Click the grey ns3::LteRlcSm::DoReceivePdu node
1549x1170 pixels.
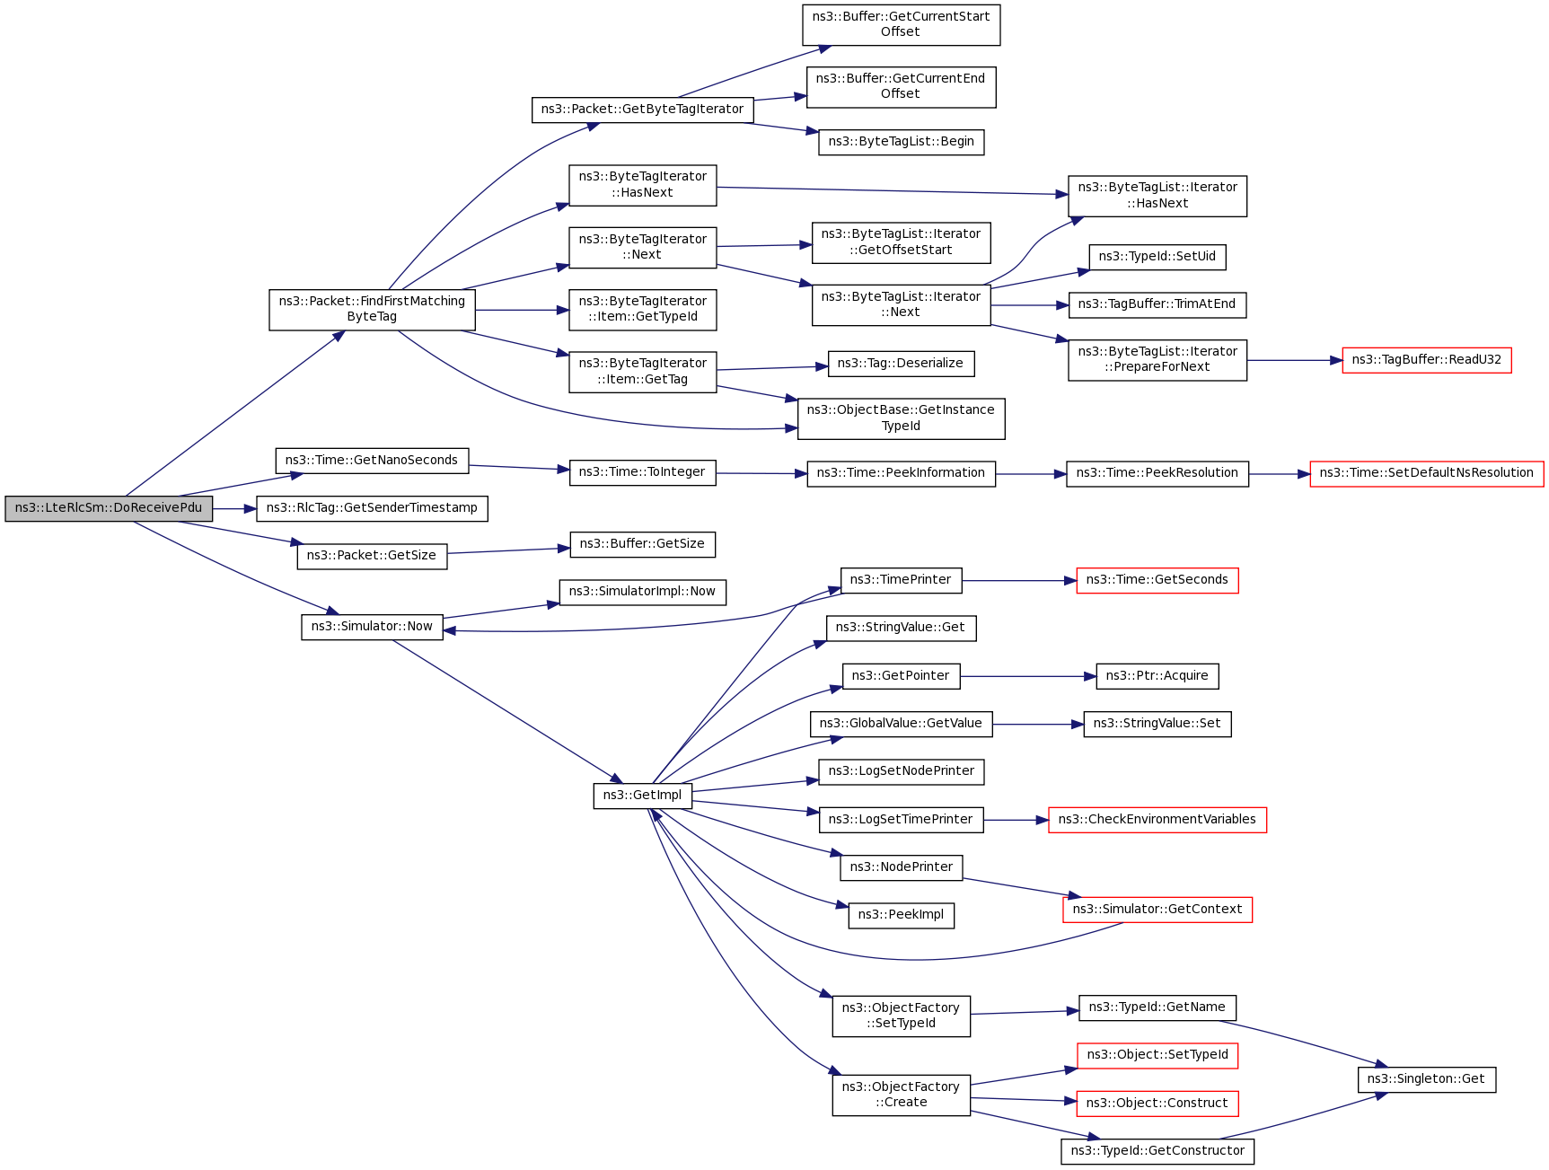click(x=109, y=508)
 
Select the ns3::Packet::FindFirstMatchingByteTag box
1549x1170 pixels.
click(x=372, y=309)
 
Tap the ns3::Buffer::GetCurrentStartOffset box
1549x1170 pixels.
click(x=901, y=24)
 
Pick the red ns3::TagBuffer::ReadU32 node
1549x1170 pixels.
click(x=1426, y=360)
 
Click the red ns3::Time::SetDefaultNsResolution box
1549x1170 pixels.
click(x=1426, y=473)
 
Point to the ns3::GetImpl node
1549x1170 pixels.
click(x=642, y=796)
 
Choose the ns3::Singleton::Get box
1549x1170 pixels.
click(x=1426, y=1079)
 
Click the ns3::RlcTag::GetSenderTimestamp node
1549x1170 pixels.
click(x=372, y=508)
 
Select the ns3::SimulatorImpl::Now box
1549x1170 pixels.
click(x=642, y=592)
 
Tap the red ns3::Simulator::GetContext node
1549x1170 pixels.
click(x=1157, y=910)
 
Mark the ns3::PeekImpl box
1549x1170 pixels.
click(x=901, y=915)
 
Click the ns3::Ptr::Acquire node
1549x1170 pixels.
click(x=1157, y=676)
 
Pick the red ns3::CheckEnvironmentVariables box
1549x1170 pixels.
click(x=1157, y=820)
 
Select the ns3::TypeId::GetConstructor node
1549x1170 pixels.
click(x=1157, y=1151)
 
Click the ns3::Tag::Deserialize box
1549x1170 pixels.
click(x=900, y=364)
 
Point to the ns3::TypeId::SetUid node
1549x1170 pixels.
click(x=1157, y=257)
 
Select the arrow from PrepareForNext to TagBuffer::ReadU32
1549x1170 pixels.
click(x=1294, y=360)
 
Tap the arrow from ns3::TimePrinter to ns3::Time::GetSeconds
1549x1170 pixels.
click(x=1018, y=581)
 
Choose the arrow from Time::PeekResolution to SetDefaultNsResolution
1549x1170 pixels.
click(x=1279, y=473)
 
